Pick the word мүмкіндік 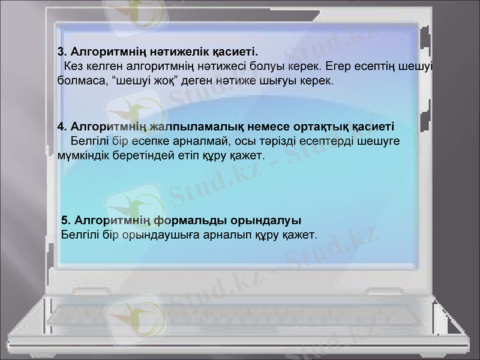83,156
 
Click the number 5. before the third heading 67,220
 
